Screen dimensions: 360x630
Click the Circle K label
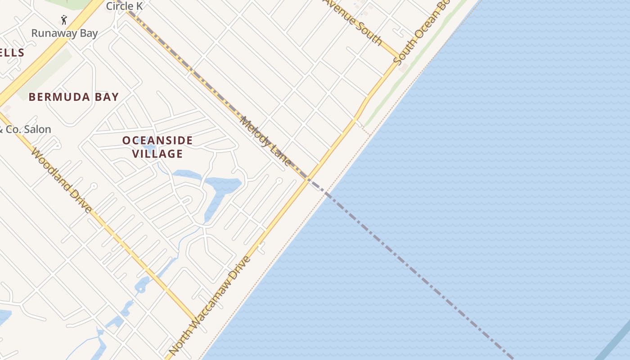(x=124, y=6)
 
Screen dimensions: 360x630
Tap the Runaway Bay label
(x=64, y=33)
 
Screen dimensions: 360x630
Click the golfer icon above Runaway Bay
(x=64, y=20)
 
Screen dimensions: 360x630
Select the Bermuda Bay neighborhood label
(x=74, y=97)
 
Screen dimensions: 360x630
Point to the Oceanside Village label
(x=157, y=147)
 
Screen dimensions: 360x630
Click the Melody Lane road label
(x=266, y=141)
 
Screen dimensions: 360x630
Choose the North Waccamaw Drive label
(x=210, y=306)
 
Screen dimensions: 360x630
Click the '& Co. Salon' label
(x=26, y=130)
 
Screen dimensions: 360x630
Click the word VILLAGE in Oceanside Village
(x=157, y=154)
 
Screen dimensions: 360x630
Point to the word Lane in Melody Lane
(x=280, y=156)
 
